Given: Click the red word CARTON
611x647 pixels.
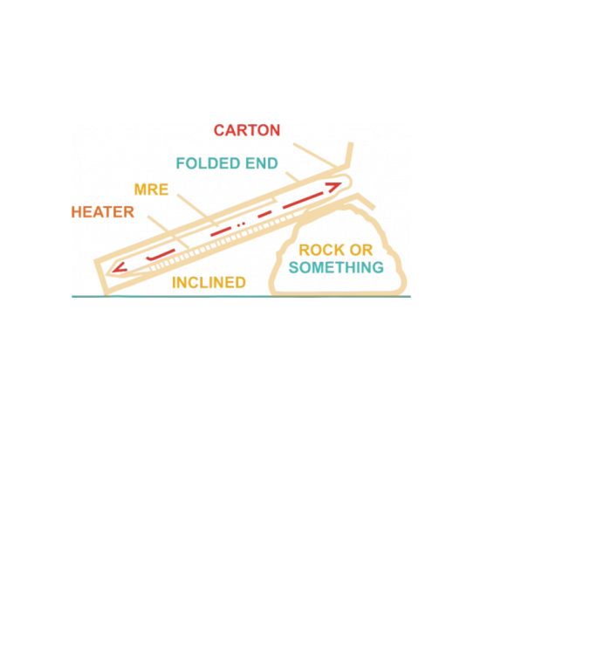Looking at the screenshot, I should [247, 131].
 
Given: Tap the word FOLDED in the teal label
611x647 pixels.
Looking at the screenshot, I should [208, 163].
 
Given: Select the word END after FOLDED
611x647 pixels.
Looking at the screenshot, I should [261, 163].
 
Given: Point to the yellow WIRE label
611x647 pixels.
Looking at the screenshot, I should [151, 189].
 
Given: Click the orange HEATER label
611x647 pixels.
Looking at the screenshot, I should [103, 212].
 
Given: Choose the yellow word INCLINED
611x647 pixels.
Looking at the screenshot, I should [209, 284].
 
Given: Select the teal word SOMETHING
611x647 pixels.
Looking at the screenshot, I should [336, 268].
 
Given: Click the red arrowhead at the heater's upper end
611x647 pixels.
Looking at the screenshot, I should [335, 187].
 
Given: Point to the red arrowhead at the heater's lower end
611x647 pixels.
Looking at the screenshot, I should [118, 268].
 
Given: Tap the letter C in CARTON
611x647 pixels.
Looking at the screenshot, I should [220, 131].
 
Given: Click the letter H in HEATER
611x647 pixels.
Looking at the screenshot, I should [77, 212].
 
